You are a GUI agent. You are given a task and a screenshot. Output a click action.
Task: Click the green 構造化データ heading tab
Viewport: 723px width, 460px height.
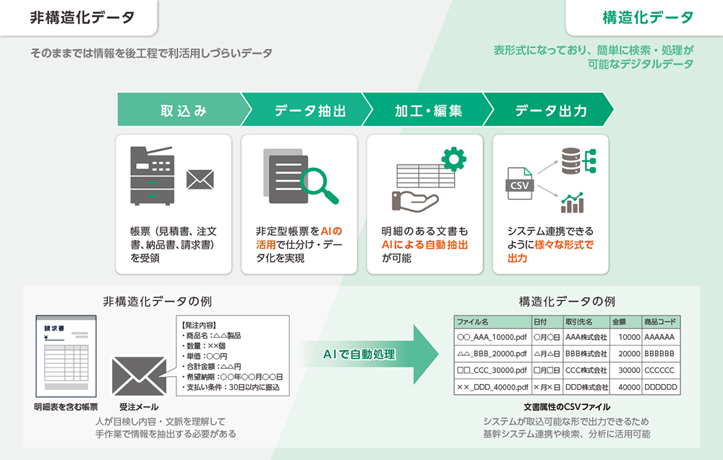(x=647, y=18)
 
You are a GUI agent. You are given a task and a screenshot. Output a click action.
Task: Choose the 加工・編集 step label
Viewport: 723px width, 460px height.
(x=428, y=111)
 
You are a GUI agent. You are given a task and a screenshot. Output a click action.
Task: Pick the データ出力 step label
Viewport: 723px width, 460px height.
(x=551, y=111)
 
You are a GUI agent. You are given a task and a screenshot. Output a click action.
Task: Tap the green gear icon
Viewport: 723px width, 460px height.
(x=453, y=158)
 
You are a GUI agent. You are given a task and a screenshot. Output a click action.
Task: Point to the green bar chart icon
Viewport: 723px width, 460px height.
(x=573, y=203)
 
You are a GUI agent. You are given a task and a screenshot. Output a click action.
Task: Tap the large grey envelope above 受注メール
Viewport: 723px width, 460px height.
(x=140, y=375)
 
